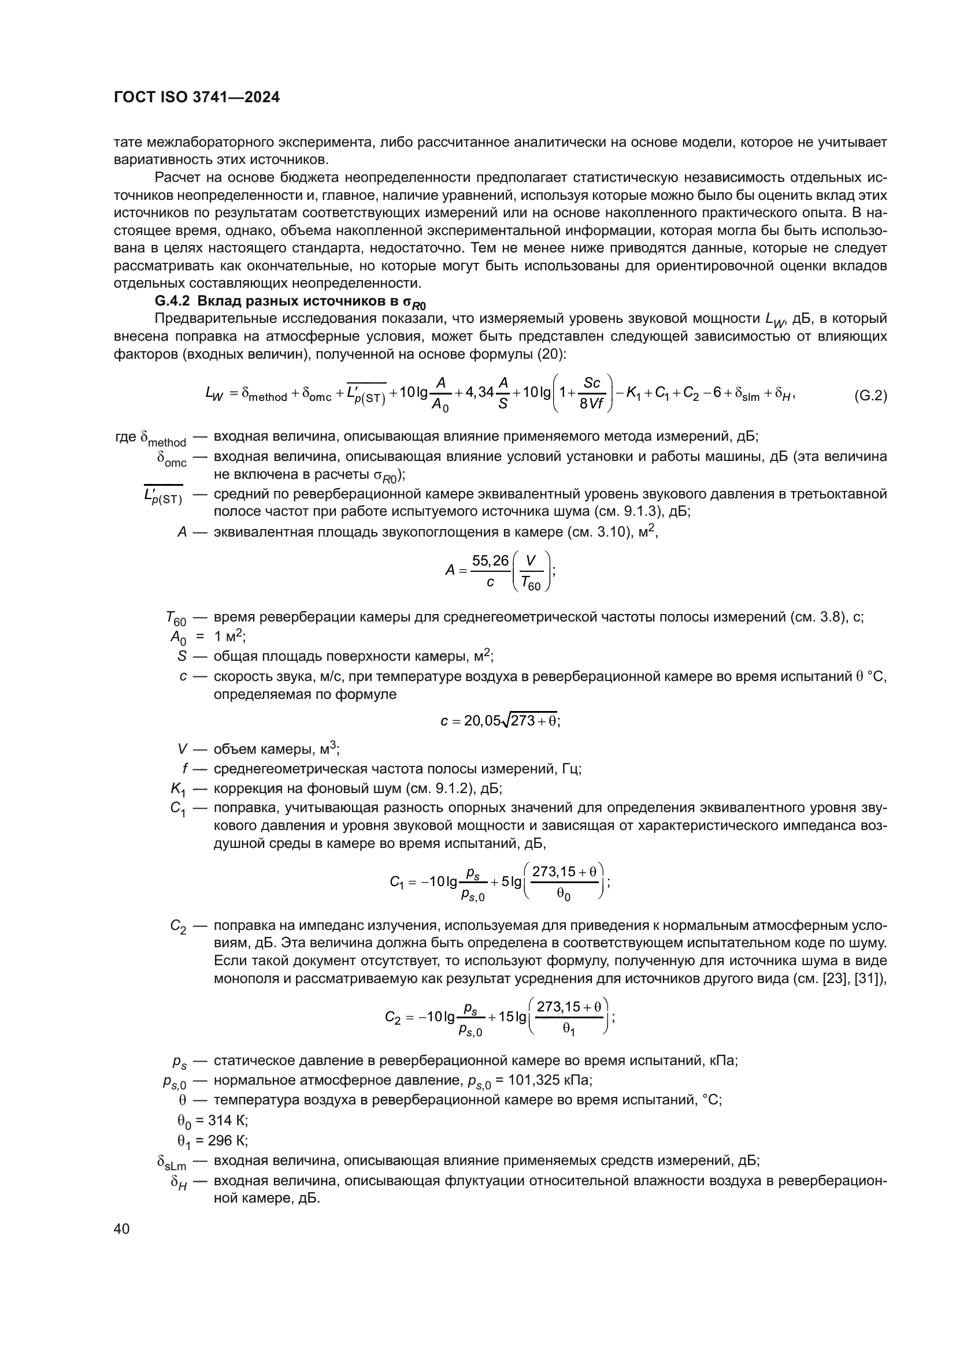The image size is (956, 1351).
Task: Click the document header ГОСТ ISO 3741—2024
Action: coord(197,97)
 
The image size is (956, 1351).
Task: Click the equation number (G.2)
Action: coord(870,396)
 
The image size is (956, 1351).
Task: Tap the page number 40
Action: coord(121,1229)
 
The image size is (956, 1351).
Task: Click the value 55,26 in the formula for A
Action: coord(490,561)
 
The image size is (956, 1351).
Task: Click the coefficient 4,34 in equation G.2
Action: coord(479,392)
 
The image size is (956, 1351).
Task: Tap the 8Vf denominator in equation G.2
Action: coord(591,405)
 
